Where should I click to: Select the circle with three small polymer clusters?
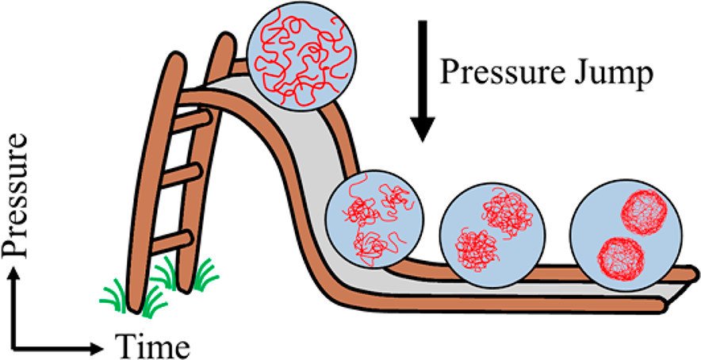[x=376, y=219]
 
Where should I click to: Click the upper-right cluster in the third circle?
[x=505, y=212]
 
